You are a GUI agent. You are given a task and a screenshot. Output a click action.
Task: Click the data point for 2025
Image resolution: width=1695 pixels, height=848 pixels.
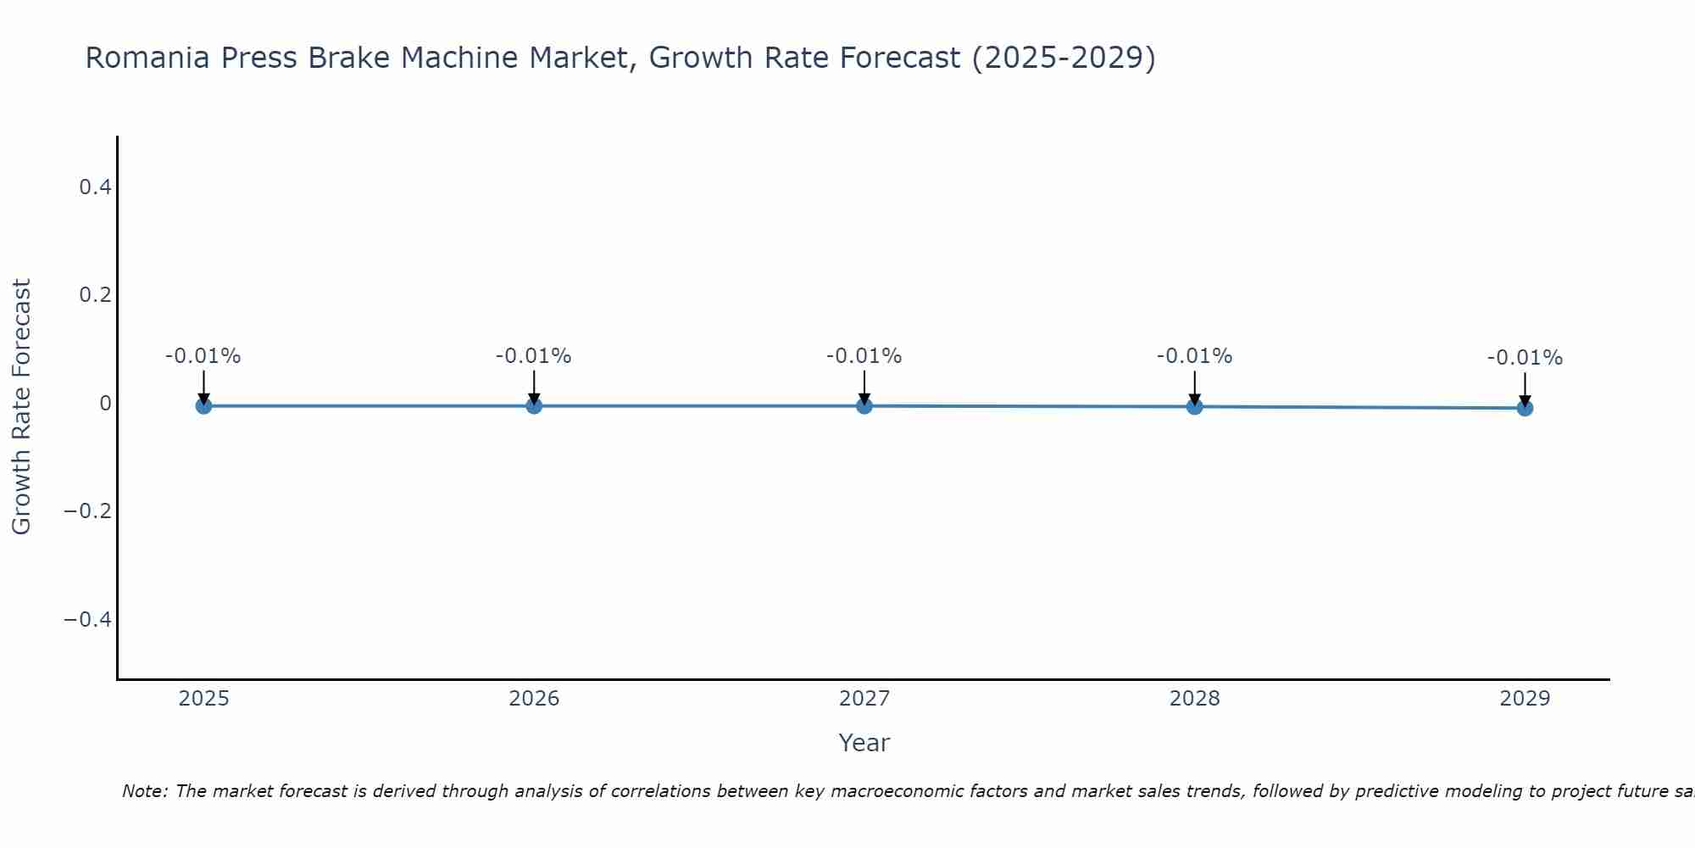203,405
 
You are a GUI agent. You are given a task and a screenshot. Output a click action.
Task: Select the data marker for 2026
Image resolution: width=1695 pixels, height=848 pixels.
534,405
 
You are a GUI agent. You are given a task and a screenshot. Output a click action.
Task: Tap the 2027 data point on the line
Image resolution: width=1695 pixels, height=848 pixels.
864,405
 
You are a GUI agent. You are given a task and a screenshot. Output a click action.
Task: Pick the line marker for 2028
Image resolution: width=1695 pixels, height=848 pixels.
1194,406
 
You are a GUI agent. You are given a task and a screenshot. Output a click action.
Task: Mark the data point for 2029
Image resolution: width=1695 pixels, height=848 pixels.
1525,408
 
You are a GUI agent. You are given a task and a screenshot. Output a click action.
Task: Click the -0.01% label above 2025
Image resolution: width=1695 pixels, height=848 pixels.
203,356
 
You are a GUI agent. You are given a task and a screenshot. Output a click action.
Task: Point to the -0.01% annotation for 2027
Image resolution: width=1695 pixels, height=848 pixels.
864,356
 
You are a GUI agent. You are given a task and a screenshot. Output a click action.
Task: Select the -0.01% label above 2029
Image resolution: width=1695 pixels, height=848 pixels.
1525,358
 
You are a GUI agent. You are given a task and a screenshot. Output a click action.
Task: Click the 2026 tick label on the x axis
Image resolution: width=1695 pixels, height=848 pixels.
534,699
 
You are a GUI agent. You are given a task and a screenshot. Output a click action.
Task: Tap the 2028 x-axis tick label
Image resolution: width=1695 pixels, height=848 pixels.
1194,699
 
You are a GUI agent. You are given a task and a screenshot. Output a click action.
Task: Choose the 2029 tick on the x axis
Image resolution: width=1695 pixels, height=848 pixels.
1525,699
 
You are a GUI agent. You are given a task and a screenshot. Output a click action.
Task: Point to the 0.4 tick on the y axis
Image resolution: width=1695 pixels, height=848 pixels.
95,187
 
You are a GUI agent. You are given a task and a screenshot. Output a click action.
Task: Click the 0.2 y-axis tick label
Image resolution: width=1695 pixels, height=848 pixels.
95,295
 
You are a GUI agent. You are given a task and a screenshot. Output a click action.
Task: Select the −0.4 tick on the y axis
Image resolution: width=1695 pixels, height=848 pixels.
87,620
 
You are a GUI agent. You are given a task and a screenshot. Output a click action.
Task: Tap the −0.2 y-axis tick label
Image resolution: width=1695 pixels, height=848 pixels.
87,511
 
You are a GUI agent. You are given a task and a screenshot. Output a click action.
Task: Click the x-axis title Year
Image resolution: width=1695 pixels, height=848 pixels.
864,743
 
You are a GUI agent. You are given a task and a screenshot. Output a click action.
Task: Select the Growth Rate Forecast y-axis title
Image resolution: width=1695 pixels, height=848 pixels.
21,406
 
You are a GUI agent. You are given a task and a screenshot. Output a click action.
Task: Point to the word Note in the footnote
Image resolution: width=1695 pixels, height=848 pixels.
145,791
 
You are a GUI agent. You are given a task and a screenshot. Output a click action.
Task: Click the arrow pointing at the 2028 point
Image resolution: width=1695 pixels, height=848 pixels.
1194,388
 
